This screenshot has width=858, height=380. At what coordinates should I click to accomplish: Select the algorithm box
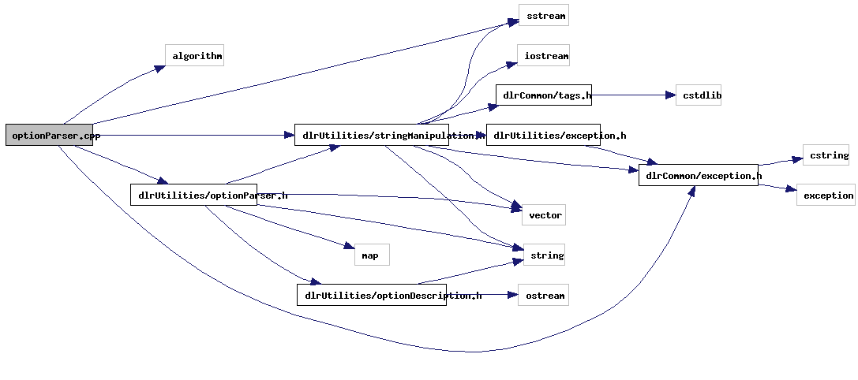[194, 55]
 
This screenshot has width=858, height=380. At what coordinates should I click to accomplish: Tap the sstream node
[543, 15]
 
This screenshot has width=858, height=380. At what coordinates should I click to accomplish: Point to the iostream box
[543, 55]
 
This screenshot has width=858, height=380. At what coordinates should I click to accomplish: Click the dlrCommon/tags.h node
[543, 95]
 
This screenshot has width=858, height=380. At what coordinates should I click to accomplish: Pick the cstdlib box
[698, 95]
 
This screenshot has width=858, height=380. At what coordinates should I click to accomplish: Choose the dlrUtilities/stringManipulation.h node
[371, 135]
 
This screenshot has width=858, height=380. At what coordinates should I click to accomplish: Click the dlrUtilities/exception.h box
[543, 135]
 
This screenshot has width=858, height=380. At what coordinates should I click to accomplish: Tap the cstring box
[826, 155]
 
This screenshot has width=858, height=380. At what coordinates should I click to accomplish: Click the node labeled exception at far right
[826, 195]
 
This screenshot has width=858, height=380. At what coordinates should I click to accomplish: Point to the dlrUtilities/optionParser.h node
[193, 195]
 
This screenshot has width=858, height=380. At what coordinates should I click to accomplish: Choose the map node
[371, 255]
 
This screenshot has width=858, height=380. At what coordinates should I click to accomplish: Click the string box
[544, 255]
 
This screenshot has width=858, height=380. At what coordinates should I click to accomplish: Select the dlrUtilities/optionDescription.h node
[371, 295]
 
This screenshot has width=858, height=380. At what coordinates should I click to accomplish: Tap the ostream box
[543, 295]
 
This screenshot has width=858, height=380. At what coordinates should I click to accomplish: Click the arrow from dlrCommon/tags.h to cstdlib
[631, 95]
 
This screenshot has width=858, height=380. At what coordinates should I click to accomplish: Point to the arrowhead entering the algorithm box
[159, 69]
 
